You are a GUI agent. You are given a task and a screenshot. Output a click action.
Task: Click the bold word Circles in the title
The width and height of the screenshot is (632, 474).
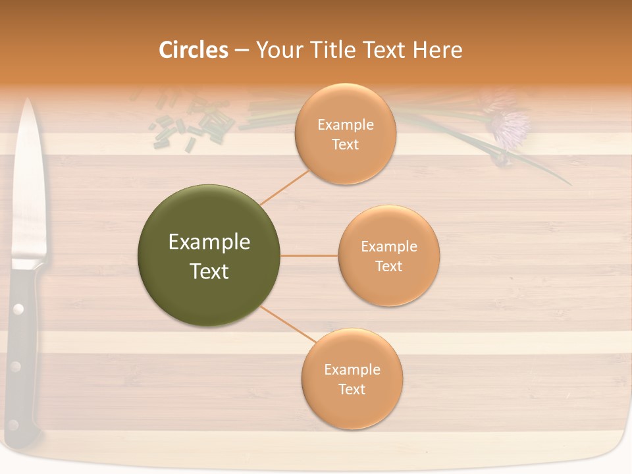tap(193, 50)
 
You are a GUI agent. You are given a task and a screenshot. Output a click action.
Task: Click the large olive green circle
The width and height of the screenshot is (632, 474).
tap(209, 255)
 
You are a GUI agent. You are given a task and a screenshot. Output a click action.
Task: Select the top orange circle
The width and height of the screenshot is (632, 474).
tap(345, 134)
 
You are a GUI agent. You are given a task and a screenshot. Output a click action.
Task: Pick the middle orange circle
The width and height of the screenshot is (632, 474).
tap(388, 255)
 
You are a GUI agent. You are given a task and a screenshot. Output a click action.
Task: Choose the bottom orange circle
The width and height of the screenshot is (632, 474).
tap(352, 379)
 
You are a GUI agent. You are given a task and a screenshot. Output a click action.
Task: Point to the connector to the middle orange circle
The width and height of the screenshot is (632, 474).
tap(309, 255)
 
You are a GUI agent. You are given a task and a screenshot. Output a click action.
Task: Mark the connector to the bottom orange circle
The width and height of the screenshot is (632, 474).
tap(288, 325)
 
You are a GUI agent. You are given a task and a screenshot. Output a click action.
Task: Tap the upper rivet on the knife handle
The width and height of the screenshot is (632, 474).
tap(18, 308)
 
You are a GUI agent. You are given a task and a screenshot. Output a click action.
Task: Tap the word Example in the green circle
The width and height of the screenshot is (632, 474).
tap(209, 242)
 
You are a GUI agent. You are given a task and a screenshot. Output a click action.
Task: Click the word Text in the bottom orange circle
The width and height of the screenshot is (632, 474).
tap(352, 389)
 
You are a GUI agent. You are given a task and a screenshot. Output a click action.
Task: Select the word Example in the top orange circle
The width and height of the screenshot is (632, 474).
tap(345, 124)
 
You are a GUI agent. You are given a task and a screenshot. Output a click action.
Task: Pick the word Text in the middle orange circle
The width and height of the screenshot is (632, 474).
tap(388, 266)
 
